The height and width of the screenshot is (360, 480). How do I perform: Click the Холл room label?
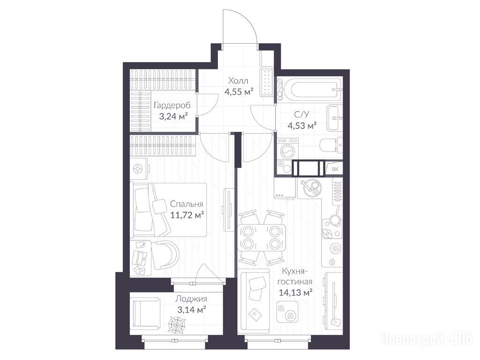[238, 81]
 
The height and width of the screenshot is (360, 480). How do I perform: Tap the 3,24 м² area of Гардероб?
[173, 116]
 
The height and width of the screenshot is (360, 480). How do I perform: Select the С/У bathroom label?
[302, 114]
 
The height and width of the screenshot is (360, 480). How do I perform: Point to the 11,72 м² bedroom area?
[187, 215]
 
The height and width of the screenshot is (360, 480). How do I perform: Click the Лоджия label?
[191, 299]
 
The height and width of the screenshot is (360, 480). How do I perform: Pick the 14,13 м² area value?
[295, 292]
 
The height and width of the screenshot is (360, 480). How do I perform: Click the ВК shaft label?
[335, 169]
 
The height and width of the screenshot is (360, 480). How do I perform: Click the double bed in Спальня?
[169, 210]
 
